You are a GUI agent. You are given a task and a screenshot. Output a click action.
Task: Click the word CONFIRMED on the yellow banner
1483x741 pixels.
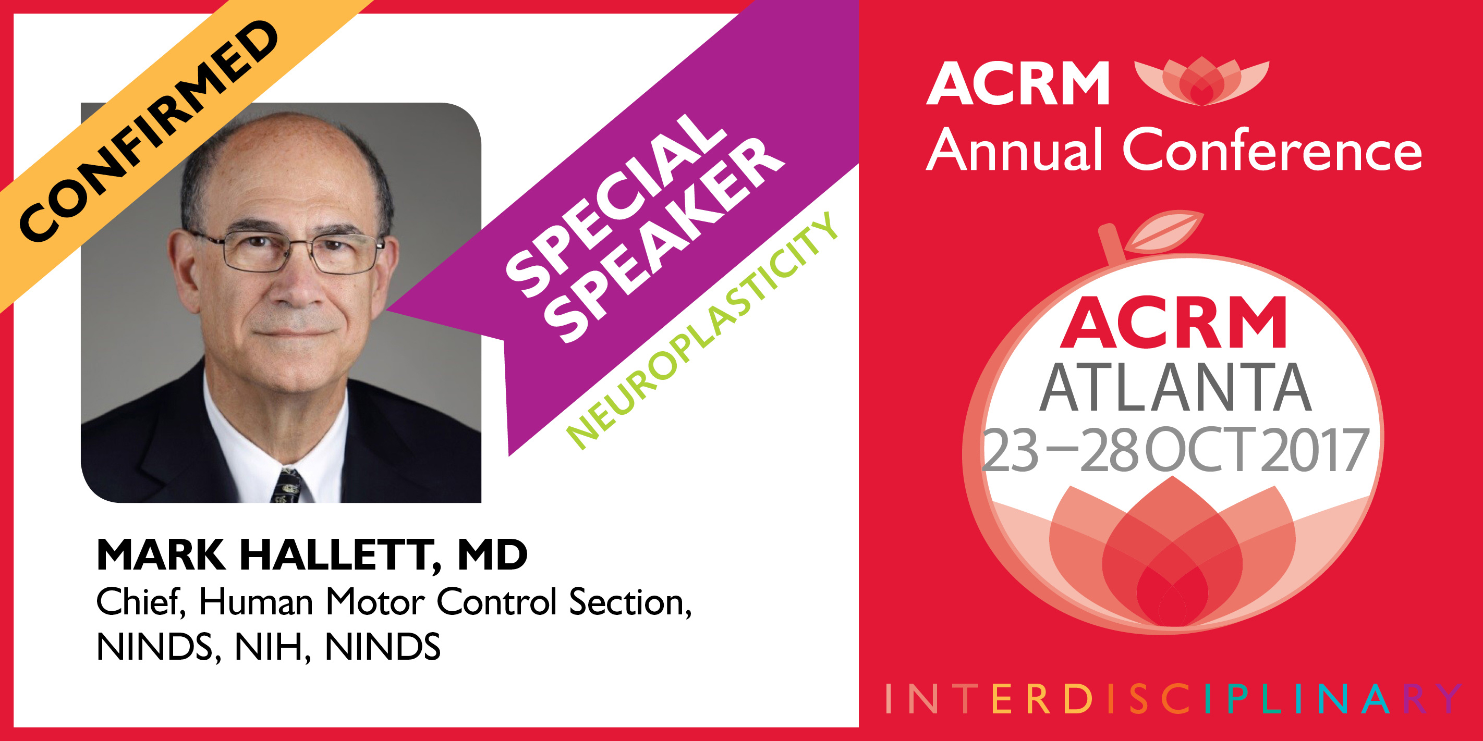click(148, 131)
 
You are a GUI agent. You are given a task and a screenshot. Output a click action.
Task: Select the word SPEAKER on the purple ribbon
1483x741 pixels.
click(665, 240)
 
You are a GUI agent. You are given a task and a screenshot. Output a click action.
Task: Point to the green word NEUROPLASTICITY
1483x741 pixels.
click(702, 331)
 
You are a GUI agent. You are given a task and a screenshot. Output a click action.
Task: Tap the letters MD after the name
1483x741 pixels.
click(492, 554)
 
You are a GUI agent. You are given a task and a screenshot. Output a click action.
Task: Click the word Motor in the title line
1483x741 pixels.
click(375, 602)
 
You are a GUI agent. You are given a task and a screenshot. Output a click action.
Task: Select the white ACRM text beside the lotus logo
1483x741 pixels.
click(1018, 84)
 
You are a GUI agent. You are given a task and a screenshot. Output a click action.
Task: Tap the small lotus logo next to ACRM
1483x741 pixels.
click(1201, 81)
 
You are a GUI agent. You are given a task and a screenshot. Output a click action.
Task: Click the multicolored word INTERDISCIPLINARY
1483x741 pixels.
click(1173, 699)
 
